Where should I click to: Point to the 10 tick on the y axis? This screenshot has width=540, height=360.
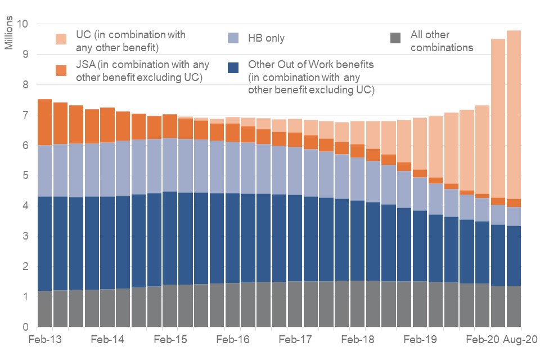(23, 24)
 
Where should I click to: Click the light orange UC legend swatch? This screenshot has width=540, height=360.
(60, 38)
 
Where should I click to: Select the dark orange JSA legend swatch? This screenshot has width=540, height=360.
(60, 70)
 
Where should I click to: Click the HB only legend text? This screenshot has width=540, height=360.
(266, 38)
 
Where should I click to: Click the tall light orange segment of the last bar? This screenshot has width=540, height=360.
(514, 112)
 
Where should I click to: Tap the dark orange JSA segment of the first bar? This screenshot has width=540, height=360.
(44, 121)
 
